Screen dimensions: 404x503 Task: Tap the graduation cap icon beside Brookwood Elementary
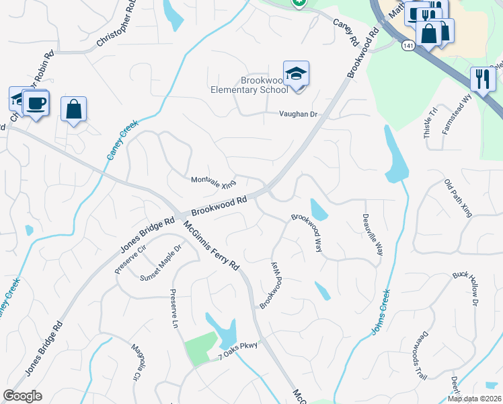(296, 73)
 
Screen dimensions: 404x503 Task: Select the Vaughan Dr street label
(298, 114)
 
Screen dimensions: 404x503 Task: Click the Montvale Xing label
(214, 182)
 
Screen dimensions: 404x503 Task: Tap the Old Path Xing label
(458, 198)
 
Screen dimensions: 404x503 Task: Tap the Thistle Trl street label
(429, 122)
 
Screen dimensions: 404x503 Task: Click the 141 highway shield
(408, 45)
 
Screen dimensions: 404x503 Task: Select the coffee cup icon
(35, 104)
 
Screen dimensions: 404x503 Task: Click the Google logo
(23, 396)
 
